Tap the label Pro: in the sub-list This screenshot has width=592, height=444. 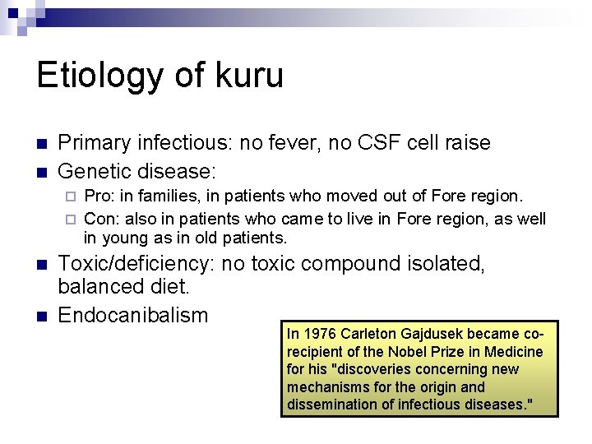coord(99,197)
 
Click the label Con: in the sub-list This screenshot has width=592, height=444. coord(101,219)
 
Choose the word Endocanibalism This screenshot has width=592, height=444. coord(133,315)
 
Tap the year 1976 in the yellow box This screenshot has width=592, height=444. coord(321,334)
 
